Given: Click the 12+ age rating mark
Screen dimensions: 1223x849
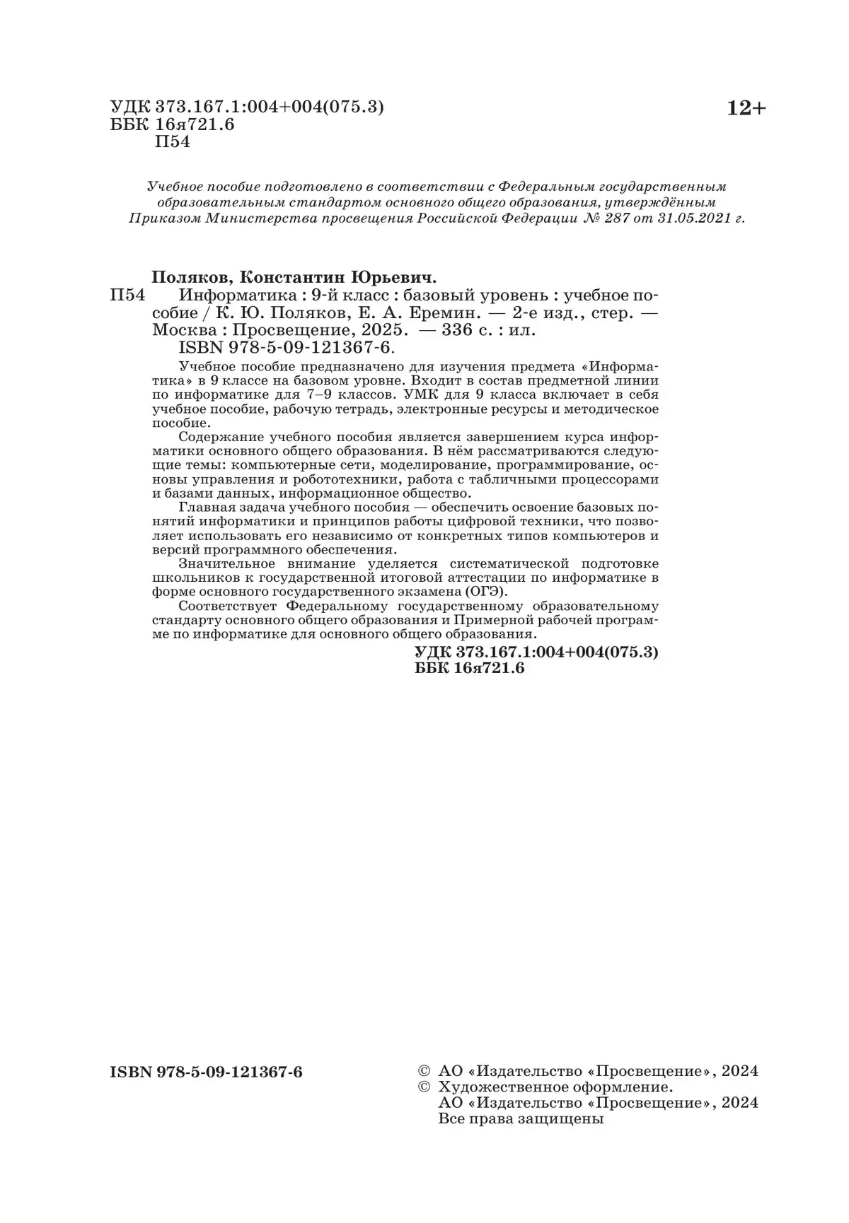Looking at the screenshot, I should pyautogui.click(x=746, y=109).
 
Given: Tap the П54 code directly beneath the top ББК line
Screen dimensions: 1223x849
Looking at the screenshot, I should pyautogui.click(x=172, y=143).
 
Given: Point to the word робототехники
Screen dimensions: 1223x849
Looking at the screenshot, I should pyautogui.click(x=337, y=479).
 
